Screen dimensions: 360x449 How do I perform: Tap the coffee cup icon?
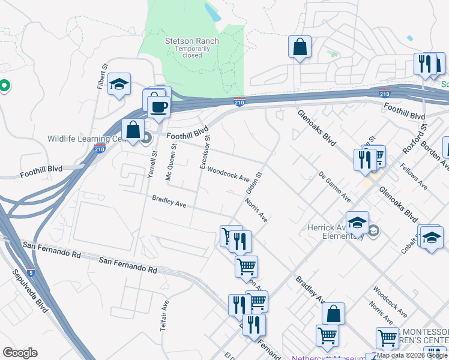pyautogui.click(x=158, y=107)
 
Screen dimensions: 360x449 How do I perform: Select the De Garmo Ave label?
pyautogui.click(x=335, y=186)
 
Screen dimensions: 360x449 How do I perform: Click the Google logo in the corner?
pyautogui.click(x=19, y=353)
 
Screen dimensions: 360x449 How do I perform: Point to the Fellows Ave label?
pyautogui.click(x=414, y=176)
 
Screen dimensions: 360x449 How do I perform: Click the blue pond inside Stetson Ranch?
pyautogui.click(x=211, y=11)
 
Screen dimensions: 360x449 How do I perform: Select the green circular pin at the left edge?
pyautogui.click(x=4, y=86)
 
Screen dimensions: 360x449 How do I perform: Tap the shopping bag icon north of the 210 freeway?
pyautogui.click(x=299, y=47)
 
